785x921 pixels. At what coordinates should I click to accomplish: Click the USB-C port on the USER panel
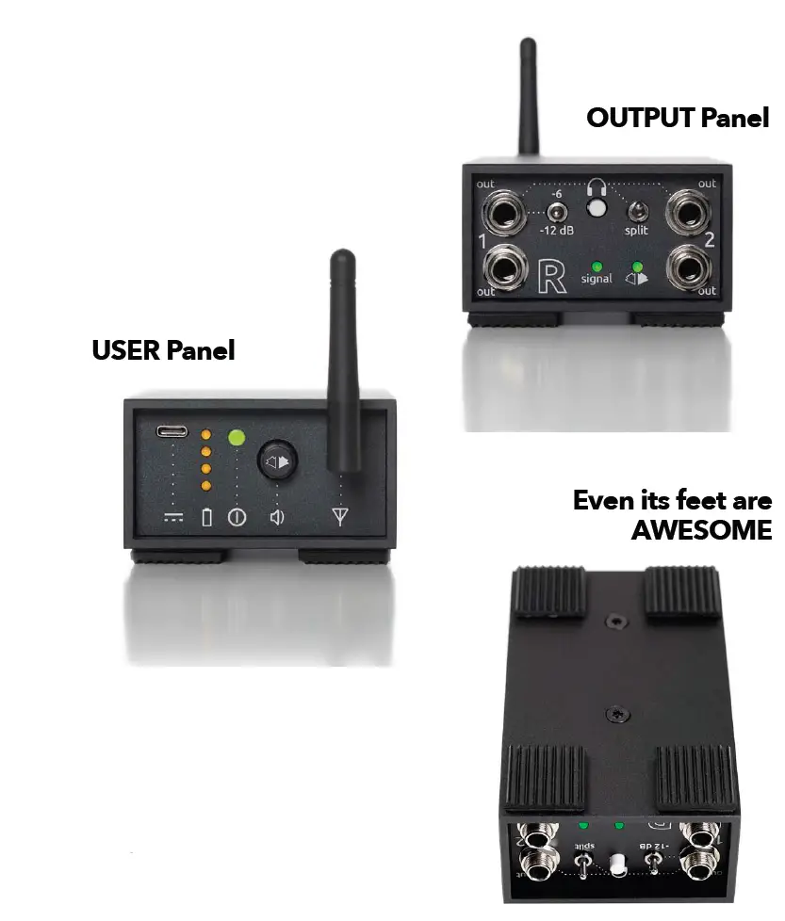click(172, 431)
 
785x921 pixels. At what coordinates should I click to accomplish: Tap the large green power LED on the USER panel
click(237, 438)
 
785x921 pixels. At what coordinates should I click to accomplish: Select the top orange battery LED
click(206, 434)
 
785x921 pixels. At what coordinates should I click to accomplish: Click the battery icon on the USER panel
click(206, 517)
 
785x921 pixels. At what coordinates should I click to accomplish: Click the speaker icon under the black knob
click(277, 516)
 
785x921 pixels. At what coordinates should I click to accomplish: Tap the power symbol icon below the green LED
click(237, 517)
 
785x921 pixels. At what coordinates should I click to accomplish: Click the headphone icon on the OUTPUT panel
click(595, 187)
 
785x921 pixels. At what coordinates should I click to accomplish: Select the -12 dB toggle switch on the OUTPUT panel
click(556, 212)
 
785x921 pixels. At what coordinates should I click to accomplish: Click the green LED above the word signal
click(596, 265)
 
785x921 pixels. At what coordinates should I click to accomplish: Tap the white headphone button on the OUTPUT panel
click(595, 210)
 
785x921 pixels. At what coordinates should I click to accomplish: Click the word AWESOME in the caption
click(700, 529)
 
